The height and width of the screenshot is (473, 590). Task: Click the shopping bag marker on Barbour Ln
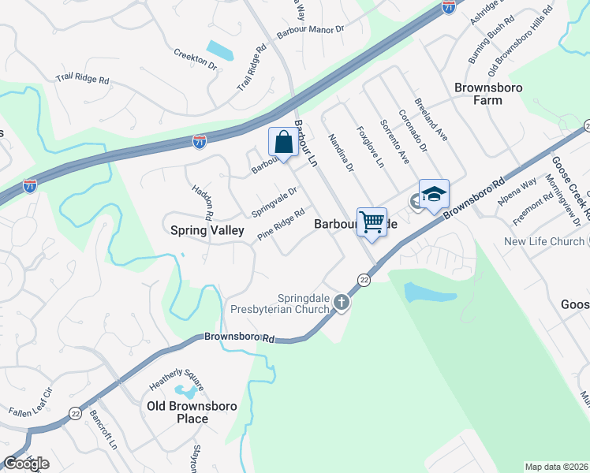(x=283, y=143)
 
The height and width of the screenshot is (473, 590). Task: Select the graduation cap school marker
(x=434, y=195)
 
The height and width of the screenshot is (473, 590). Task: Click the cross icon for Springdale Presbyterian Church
(x=342, y=301)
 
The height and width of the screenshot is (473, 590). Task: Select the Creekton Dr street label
(x=195, y=59)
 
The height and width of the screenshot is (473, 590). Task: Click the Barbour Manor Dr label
(x=311, y=32)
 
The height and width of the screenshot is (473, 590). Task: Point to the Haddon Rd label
(x=203, y=203)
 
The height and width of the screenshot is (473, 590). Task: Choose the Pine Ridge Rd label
(x=281, y=224)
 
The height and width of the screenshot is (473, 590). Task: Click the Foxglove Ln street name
(x=370, y=147)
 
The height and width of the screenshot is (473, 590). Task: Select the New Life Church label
(x=544, y=242)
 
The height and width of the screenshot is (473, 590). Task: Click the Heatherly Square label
(x=177, y=380)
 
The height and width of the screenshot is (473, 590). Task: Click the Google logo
(x=25, y=464)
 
